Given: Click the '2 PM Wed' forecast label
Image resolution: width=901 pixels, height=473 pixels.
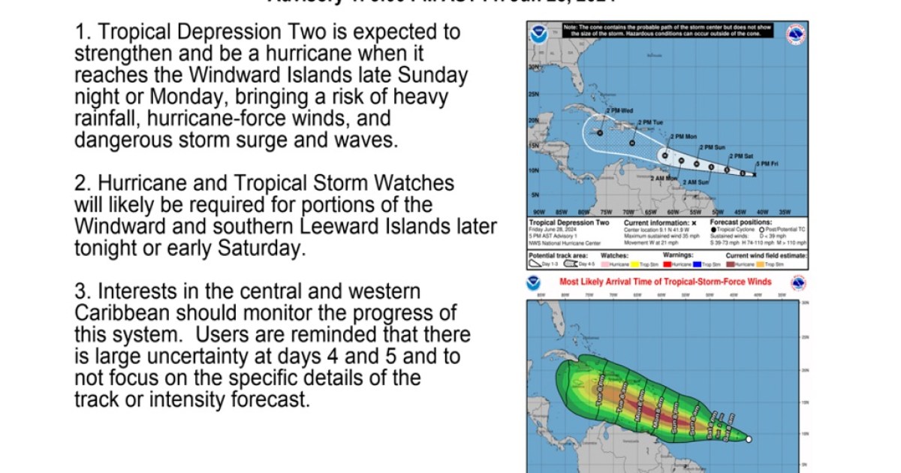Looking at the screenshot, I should [x=619, y=111].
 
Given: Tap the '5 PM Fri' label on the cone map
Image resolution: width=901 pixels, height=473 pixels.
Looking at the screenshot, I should [x=767, y=164].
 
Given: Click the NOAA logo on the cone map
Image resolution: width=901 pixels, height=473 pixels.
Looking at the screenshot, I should [x=538, y=35].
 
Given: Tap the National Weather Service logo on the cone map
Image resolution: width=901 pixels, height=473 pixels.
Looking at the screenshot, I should [x=796, y=35].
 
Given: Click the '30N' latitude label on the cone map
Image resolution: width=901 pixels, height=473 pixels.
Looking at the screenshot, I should [x=534, y=68].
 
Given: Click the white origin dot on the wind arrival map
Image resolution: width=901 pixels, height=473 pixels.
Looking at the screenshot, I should [x=749, y=439].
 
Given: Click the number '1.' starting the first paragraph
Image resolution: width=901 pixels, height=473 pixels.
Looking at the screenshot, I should [x=83, y=32].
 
